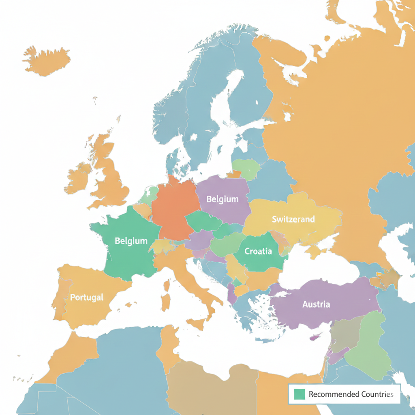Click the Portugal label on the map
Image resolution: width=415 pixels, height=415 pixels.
[x=87, y=297]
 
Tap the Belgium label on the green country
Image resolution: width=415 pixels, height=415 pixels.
[x=131, y=241]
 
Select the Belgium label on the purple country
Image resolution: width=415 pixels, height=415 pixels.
[x=222, y=199]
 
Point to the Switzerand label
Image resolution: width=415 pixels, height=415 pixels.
[x=293, y=219]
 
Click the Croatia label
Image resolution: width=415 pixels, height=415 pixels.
[x=258, y=251]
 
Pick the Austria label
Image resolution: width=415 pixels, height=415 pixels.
[x=316, y=304]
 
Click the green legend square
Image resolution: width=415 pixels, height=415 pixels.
[x=299, y=394]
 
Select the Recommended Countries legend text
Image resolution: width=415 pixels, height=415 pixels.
[x=351, y=394]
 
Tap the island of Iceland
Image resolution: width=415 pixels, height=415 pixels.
[x=47, y=61]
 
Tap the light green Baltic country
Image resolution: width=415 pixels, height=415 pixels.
[x=246, y=169]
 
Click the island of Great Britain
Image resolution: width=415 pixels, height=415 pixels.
[x=109, y=170]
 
